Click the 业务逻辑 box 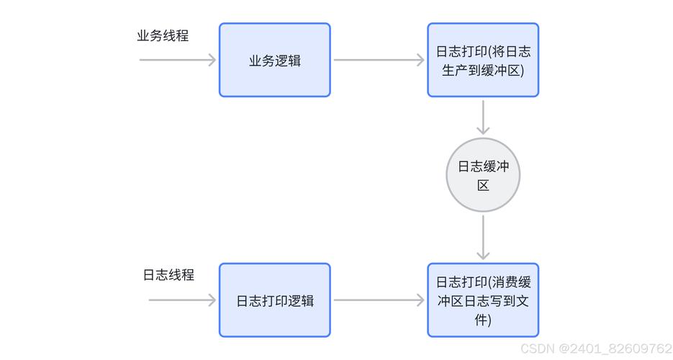click(x=274, y=60)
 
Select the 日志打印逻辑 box click(x=274, y=300)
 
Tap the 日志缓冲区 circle click(x=483, y=175)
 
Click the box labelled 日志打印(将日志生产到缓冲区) click(x=483, y=60)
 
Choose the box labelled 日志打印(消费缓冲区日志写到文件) click(x=483, y=300)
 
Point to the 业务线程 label click(x=163, y=35)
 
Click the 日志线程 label click(x=168, y=275)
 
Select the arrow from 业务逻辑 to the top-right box click(x=379, y=60)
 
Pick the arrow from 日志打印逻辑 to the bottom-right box click(x=379, y=300)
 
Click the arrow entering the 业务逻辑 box click(x=178, y=60)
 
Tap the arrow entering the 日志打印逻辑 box click(x=182, y=300)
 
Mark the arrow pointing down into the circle click(x=483, y=117)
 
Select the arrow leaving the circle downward click(x=483, y=237)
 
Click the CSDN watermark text click(x=537, y=348)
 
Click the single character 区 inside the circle click(x=483, y=185)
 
